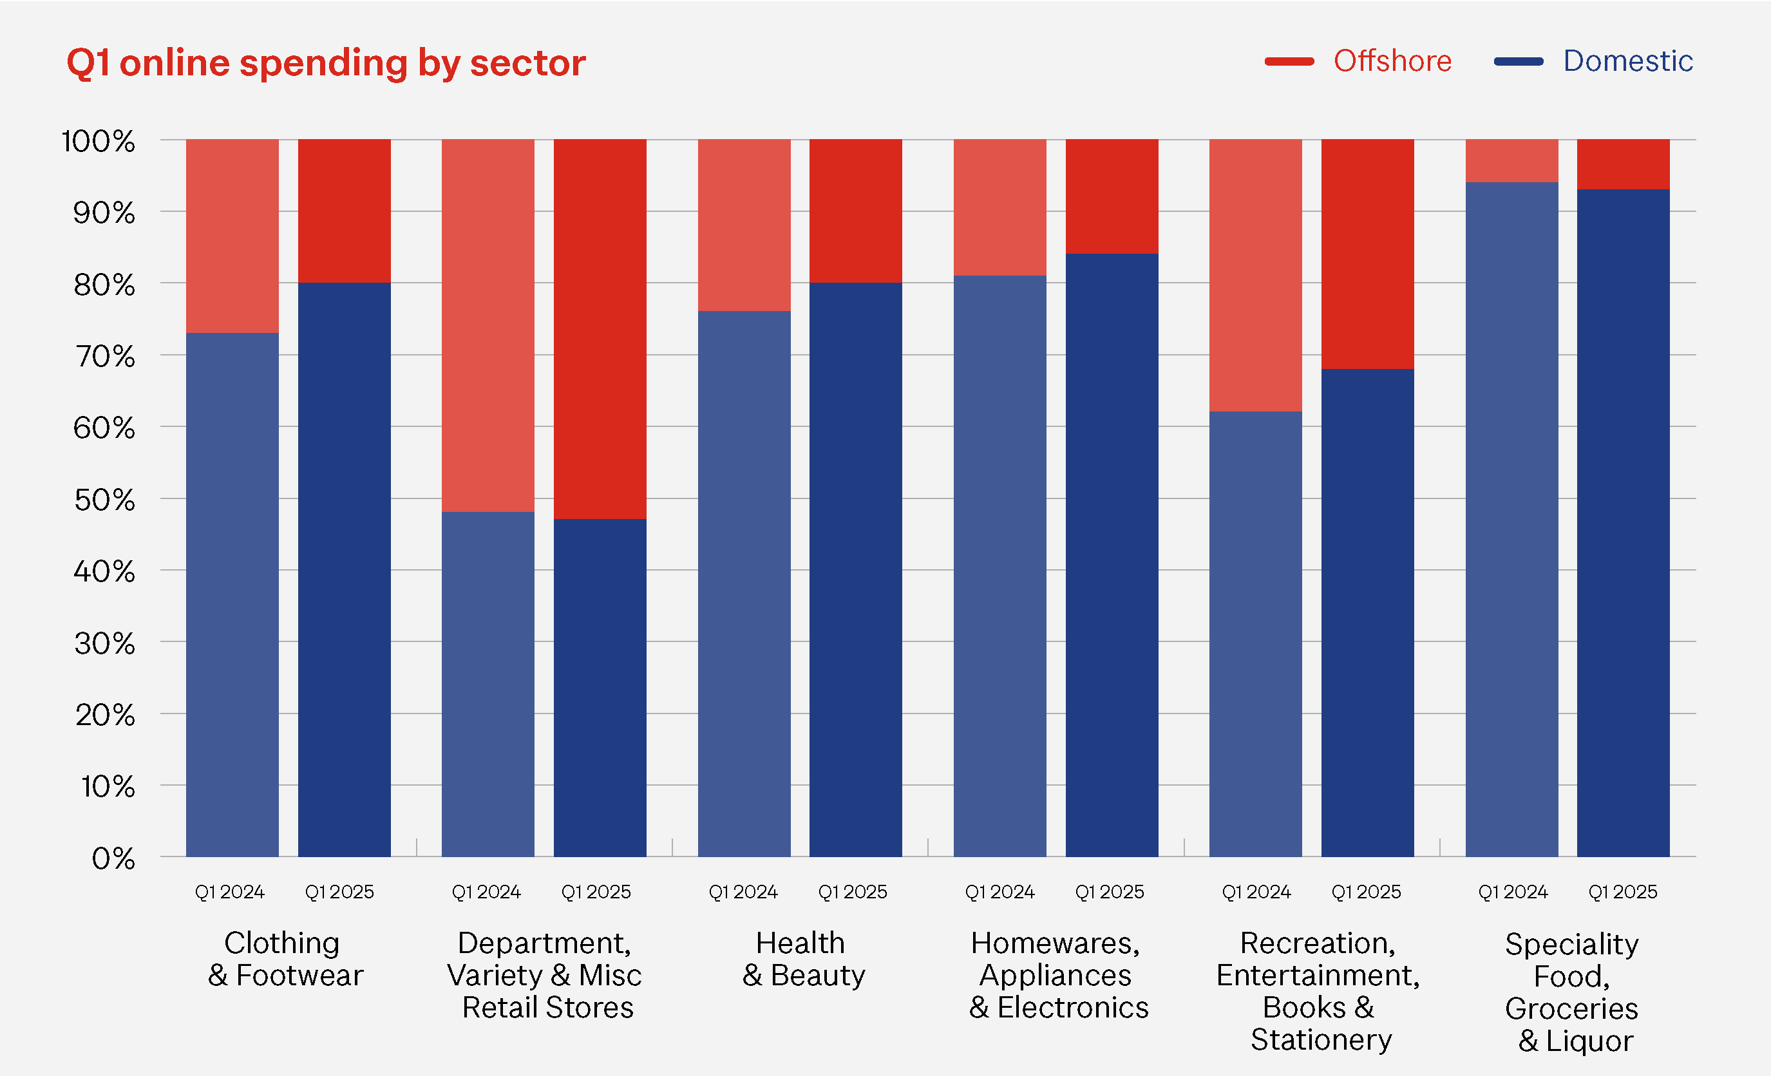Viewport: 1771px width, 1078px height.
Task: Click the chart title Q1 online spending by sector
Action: click(326, 63)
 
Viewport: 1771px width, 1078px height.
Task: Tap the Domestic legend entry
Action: click(1627, 61)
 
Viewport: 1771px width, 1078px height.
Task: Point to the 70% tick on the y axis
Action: click(105, 357)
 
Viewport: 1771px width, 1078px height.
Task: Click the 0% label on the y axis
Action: click(113, 858)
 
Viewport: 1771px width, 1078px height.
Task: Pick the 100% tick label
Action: click(99, 142)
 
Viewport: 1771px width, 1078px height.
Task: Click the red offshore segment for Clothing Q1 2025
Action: click(345, 211)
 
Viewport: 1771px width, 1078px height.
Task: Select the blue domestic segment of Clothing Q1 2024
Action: click(232, 595)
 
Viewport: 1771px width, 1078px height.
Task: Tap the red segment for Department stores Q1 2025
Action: click(600, 328)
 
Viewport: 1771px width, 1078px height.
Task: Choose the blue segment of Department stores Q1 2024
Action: click(488, 684)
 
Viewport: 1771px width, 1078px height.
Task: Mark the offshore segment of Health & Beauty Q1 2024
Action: click(744, 225)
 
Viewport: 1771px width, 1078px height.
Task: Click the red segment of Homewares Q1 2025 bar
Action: click(1111, 196)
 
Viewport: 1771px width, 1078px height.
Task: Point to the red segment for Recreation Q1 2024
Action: click(1255, 275)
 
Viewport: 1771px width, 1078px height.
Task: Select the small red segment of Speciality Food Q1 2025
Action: click(1623, 164)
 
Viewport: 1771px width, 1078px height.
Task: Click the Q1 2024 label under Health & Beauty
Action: click(743, 892)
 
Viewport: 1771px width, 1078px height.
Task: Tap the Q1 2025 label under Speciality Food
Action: click(1623, 892)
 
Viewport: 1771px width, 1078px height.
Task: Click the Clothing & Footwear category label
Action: click(285, 960)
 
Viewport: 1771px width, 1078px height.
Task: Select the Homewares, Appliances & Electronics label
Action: click(1058, 975)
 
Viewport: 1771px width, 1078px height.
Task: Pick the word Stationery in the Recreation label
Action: click(1321, 1040)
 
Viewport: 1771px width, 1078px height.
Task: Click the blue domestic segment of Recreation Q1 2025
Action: click(1367, 612)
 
